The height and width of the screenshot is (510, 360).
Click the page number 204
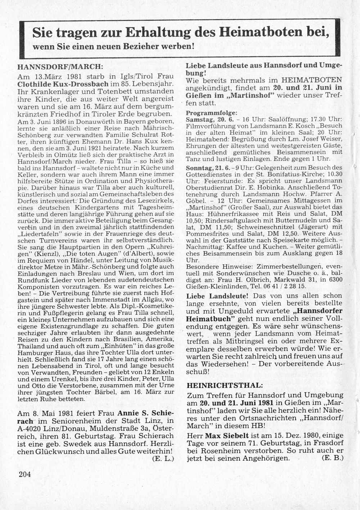click(25, 474)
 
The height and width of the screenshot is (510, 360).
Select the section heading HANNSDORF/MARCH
click(60, 67)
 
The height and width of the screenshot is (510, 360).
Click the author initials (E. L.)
click(163, 459)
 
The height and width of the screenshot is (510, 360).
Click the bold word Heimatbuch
click(210, 319)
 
